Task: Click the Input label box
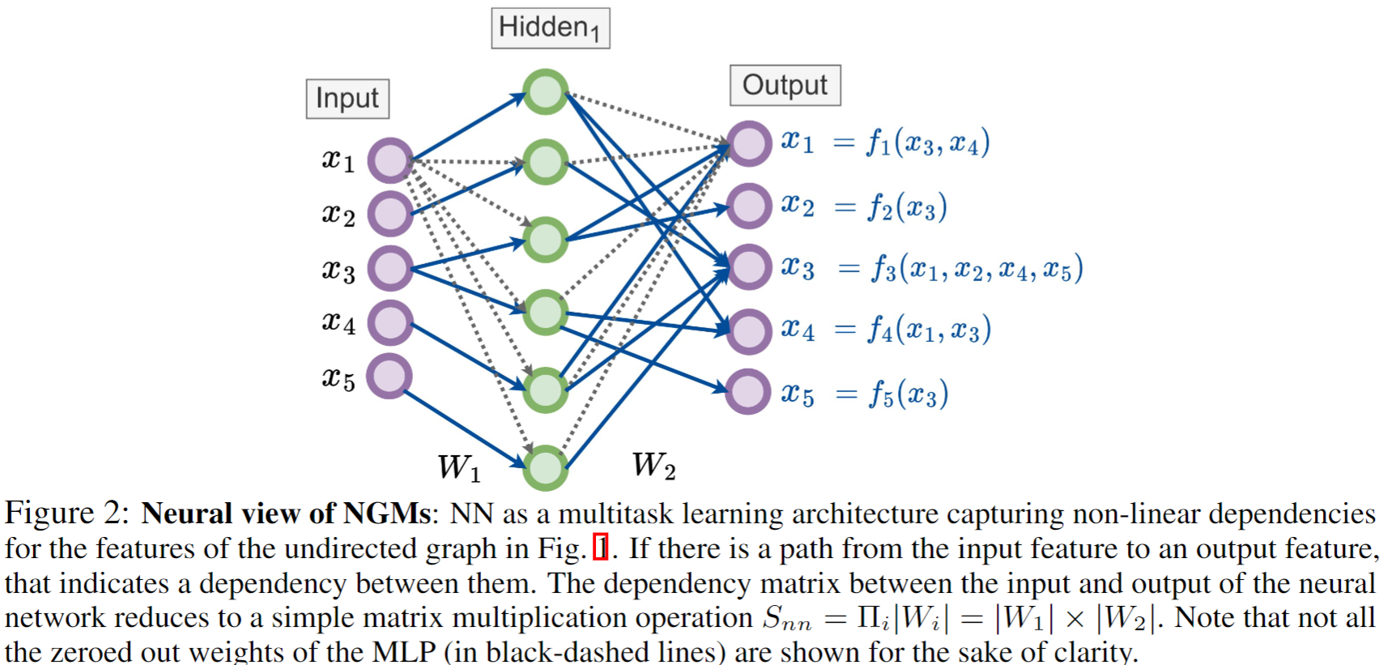(347, 99)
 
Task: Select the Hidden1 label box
(550, 28)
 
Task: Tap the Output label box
(785, 86)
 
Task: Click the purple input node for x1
(391, 160)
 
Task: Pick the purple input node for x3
(391, 268)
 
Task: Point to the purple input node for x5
(389, 377)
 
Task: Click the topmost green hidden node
(545, 92)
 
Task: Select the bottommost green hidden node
(545, 467)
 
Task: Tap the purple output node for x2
(748, 206)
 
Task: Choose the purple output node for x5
(747, 391)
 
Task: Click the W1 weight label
(459, 467)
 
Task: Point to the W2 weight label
(653, 466)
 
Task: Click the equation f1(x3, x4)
(927, 143)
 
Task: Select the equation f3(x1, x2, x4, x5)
(976, 269)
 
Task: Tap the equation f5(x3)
(908, 394)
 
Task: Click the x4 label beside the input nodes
(338, 322)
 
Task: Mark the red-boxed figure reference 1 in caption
(600, 548)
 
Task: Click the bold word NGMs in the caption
(387, 514)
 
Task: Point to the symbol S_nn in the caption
(786, 620)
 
